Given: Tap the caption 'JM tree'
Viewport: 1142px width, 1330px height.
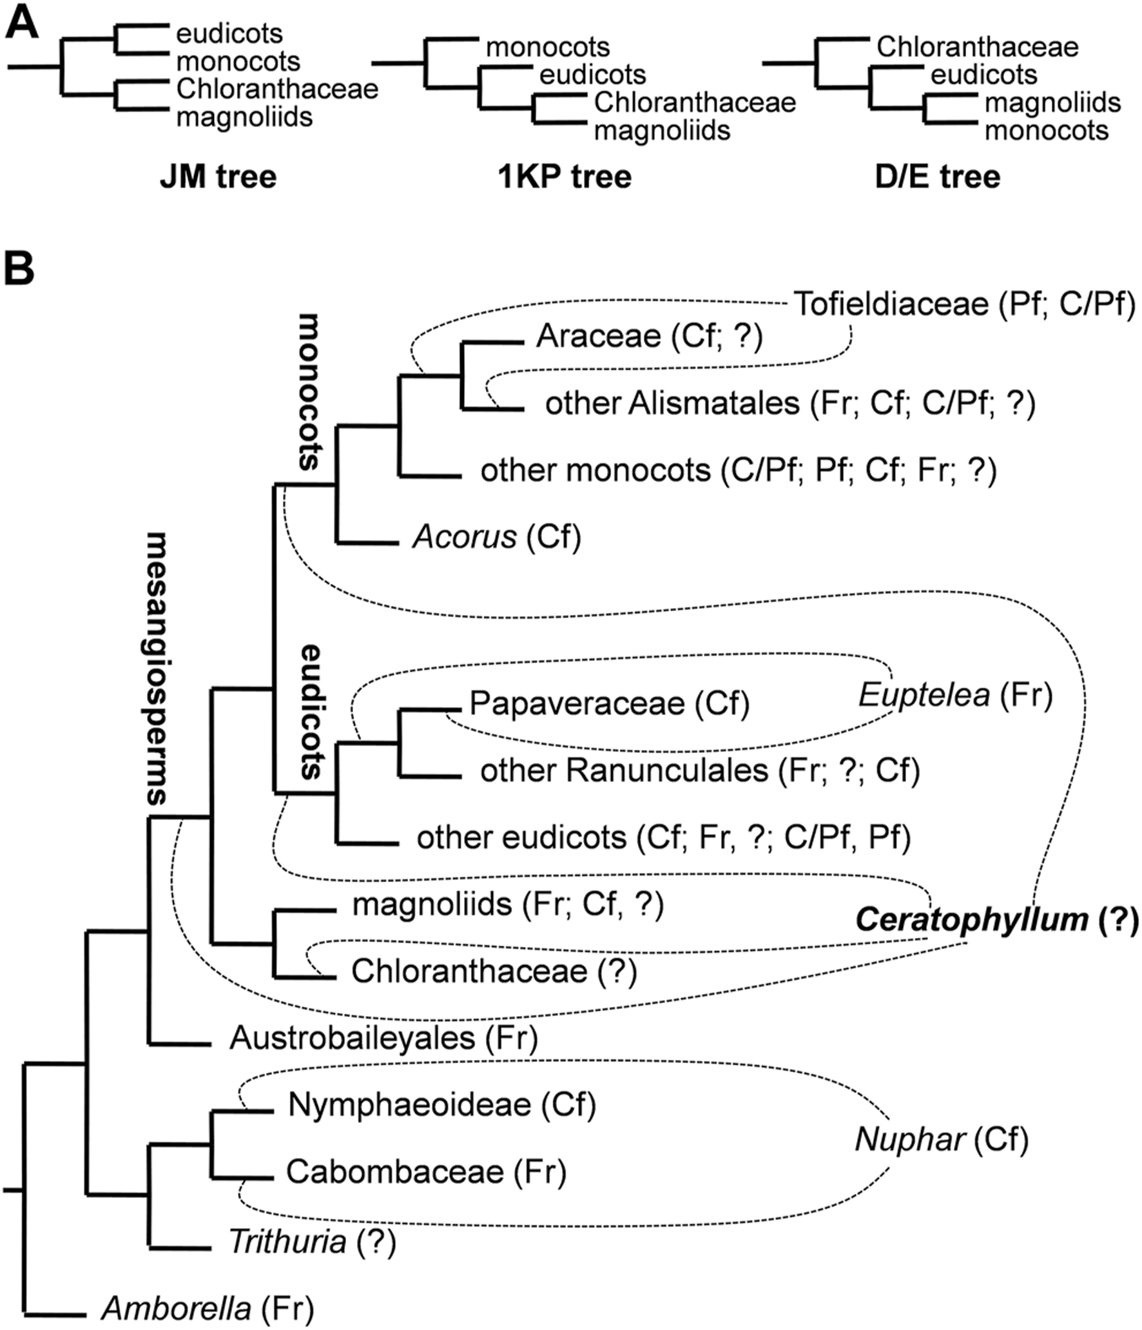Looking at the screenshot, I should (218, 177).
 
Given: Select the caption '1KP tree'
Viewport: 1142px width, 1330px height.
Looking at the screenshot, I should (565, 177).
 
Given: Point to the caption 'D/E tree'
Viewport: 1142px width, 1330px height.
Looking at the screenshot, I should (937, 177).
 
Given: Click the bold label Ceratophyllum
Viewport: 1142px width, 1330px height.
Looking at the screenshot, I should (971, 920).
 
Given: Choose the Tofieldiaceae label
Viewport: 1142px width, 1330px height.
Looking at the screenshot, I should (891, 304).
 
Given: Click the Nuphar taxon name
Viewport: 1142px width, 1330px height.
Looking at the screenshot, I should (910, 1140).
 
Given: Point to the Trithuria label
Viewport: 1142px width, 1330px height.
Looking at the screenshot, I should (287, 1241).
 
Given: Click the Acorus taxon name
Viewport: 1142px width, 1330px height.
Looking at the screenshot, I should (465, 536).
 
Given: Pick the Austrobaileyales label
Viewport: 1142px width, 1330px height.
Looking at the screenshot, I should (352, 1038).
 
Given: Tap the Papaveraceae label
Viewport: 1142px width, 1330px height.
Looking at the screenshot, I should (577, 703).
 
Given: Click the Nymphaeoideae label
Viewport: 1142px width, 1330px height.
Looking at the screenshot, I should (410, 1104).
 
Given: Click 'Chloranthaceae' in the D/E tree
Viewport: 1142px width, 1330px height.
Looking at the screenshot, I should (977, 47).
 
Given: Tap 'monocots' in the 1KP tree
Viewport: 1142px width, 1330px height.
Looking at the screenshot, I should (547, 47).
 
